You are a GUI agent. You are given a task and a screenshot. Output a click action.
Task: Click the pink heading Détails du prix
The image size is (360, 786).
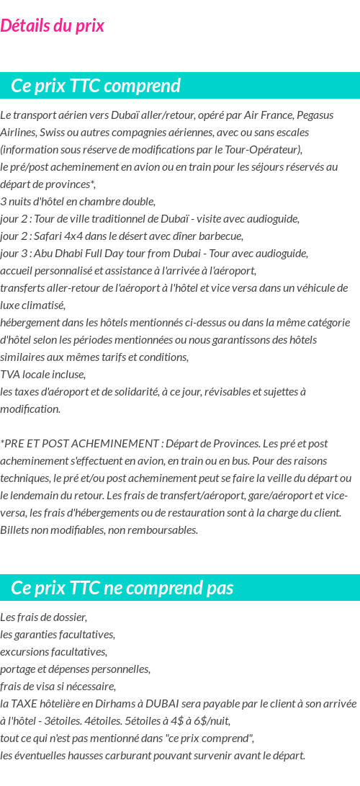point(53,26)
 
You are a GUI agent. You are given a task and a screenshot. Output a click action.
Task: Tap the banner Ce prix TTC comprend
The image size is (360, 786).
point(96,86)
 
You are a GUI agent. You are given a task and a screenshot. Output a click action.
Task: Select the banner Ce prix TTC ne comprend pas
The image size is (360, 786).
point(122,588)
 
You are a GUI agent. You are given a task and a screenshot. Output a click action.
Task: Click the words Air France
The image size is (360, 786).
point(267,115)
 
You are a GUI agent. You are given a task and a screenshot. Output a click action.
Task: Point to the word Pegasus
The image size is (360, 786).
point(315,115)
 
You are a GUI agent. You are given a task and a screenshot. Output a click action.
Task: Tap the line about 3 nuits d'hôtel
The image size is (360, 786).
point(78,202)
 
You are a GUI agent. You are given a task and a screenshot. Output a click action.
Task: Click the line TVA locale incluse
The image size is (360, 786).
point(42,375)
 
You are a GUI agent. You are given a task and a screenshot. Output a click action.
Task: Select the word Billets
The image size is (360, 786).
point(15,530)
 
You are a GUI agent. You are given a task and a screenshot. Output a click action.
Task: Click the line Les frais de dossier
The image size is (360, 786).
point(43,617)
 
